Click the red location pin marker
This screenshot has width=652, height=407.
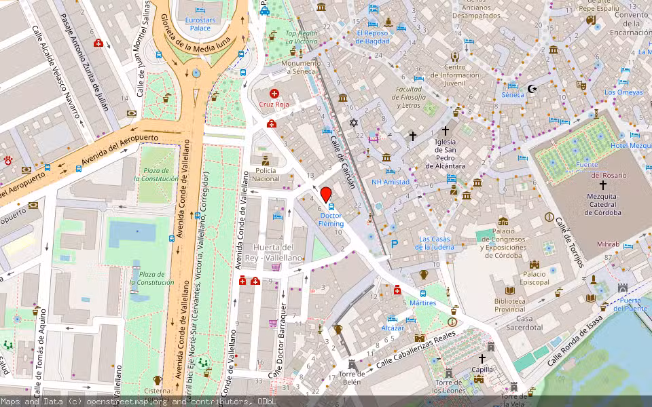(325, 193)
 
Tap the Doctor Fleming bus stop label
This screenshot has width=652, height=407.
(331, 219)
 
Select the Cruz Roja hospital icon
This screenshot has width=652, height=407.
(274, 94)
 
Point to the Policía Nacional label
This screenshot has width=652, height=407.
(266, 174)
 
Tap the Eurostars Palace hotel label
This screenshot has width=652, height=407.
(200, 24)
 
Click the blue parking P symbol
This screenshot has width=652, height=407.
(393, 244)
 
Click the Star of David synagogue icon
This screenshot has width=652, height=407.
(352, 123)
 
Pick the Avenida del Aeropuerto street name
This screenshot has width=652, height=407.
(119, 151)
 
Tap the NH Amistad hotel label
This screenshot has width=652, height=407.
(391, 182)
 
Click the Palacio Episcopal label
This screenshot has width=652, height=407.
(535, 277)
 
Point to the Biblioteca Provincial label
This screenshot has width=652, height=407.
(510, 305)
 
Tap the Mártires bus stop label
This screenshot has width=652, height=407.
(423, 303)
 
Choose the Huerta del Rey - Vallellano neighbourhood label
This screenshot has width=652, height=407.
(277, 252)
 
